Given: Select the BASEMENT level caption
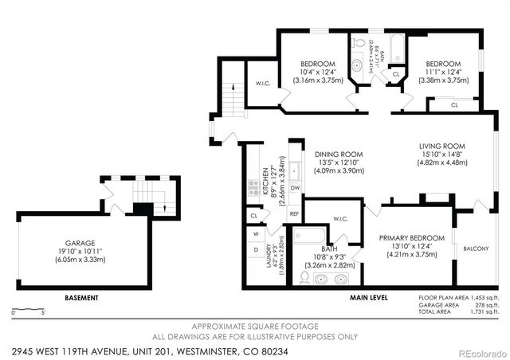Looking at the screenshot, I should (x=81, y=298).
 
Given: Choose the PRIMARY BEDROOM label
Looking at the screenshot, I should (x=411, y=237).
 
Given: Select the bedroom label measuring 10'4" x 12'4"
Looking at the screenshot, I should (x=317, y=64).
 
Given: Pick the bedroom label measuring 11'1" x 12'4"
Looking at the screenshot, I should (x=442, y=64).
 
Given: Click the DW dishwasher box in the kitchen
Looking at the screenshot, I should (x=294, y=188).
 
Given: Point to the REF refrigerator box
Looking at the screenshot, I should (x=294, y=214).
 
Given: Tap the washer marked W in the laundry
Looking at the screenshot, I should (x=256, y=234).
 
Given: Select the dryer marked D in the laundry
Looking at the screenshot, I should (x=256, y=250).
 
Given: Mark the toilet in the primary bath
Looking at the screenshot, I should (x=304, y=277).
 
